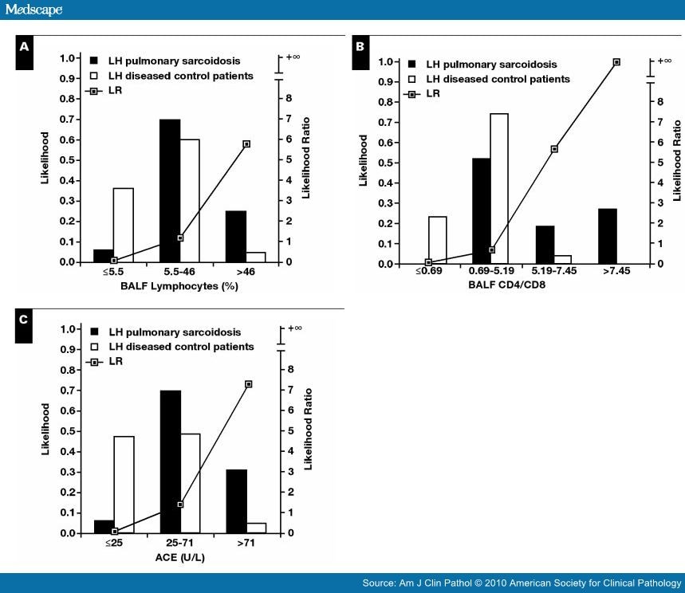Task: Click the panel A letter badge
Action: (25, 47)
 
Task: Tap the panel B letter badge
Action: (360, 47)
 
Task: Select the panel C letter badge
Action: (25, 319)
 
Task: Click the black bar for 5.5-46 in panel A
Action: (170, 190)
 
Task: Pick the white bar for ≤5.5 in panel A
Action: (123, 225)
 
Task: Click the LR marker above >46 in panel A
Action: (246, 144)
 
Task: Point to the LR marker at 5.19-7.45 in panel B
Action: (554, 149)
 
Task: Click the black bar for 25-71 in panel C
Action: (170, 461)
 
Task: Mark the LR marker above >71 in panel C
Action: (249, 384)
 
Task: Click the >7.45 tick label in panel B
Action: (616, 273)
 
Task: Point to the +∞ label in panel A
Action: (294, 57)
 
